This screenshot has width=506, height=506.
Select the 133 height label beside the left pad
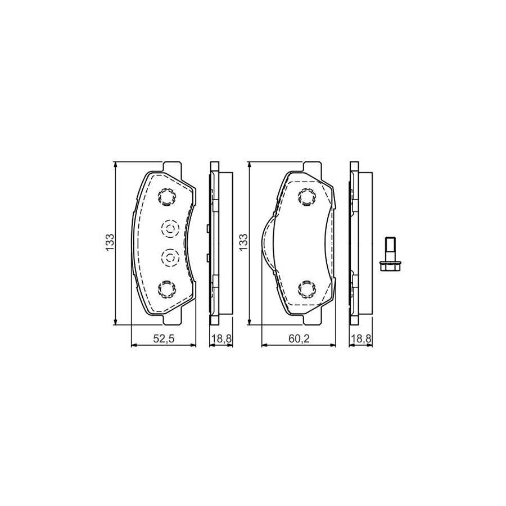(111, 242)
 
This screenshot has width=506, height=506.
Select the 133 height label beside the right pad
(243, 242)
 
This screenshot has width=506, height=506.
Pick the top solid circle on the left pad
(168, 197)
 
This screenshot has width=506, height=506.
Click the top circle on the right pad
(307, 197)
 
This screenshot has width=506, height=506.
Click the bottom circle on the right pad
(307, 288)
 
